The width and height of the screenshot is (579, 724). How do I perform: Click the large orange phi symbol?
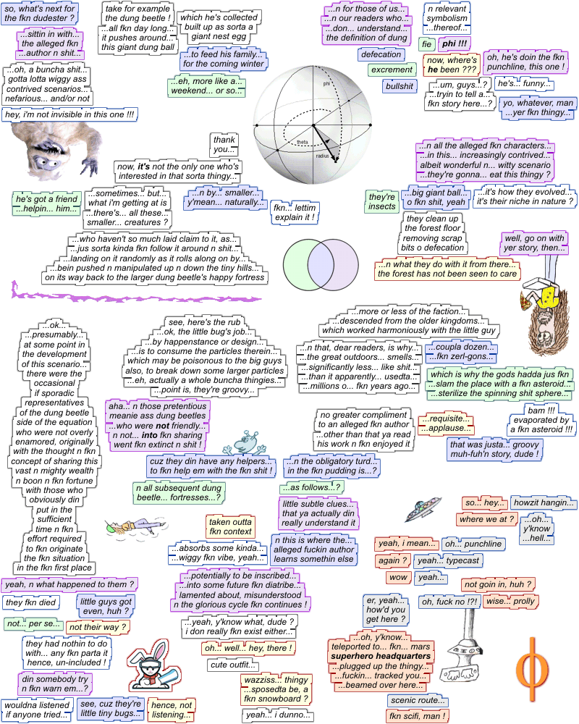point(533,662)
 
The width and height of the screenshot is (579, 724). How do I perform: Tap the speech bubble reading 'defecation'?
point(381,54)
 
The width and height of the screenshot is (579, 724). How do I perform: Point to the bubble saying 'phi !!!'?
point(455,44)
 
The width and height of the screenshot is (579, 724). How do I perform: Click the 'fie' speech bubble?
point(427,44)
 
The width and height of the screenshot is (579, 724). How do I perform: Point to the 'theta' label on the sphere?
point(302,142)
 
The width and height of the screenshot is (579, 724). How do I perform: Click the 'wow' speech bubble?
point(398,577)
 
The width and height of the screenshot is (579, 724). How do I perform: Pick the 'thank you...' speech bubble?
point(224,145)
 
